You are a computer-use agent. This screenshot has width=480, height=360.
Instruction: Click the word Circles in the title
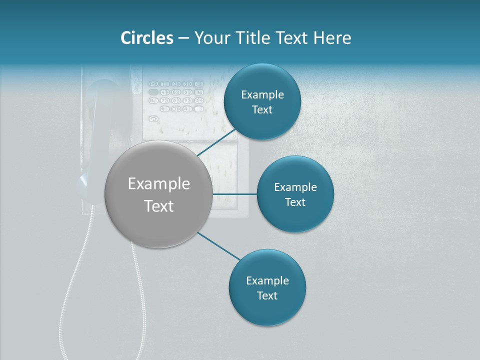point(146,38)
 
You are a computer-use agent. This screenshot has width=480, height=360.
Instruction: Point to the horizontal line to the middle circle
point(234,194)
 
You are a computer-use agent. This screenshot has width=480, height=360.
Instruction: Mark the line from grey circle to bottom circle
point(219,246)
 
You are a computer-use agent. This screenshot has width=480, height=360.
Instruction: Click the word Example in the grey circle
point(159,184)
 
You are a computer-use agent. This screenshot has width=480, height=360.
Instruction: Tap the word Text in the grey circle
point(159,206)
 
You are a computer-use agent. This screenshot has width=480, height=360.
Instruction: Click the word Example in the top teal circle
point(262,95)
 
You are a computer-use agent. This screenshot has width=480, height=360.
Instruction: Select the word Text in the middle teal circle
point(295,202)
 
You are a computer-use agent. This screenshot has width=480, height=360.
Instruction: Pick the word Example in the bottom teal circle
point(267,281)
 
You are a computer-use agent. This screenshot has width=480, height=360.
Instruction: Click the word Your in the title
point(210,38)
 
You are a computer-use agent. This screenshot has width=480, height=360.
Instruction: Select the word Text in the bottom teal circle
point(267,296)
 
